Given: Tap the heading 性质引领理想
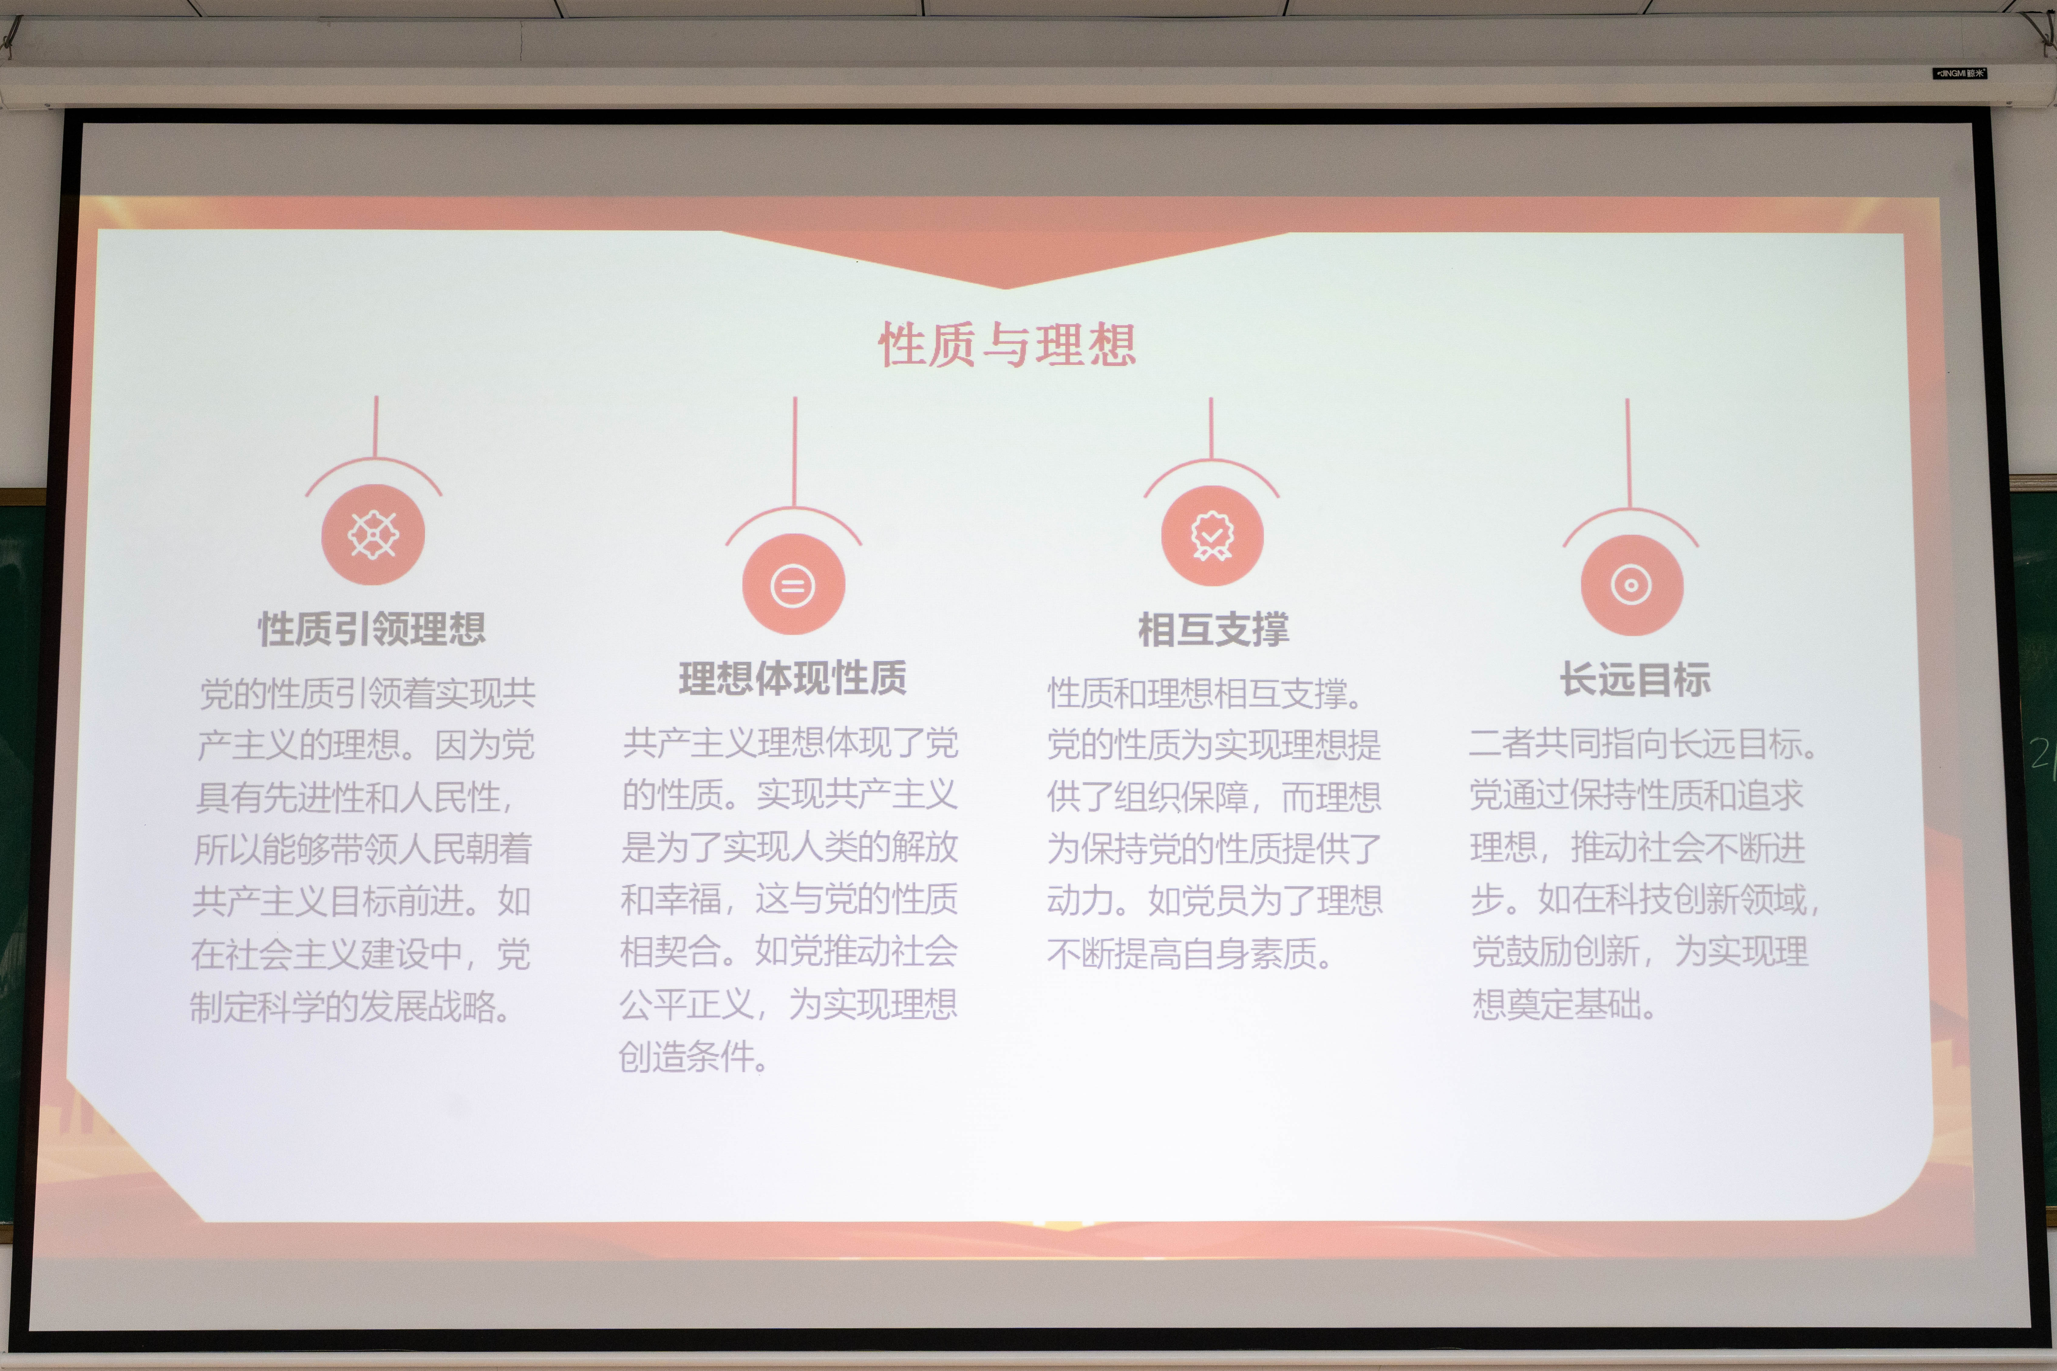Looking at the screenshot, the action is tap(372, 629).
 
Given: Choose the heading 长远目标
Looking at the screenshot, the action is tap(1635, 679).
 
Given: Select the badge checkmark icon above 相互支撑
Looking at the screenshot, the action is tap(1212, 535).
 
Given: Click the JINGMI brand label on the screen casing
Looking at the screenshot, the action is tap(1959, 73).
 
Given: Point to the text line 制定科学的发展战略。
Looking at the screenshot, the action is tap(351, 1006).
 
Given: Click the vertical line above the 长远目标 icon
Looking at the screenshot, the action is tap(1629, 453).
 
